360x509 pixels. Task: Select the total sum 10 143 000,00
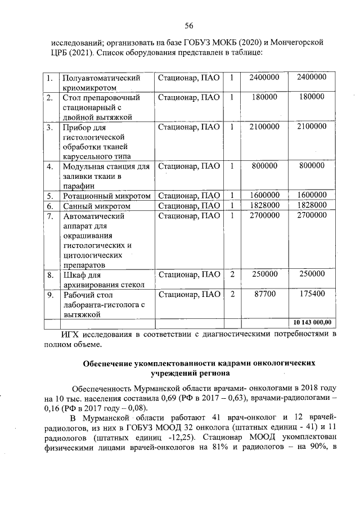point(311,322)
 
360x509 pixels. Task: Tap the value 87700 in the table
point(264,294)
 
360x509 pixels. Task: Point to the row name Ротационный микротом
point(106,196)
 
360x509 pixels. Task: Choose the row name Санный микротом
point(93,206)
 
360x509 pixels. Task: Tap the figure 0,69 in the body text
point(165,398)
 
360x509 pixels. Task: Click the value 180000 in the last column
point(311,97)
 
